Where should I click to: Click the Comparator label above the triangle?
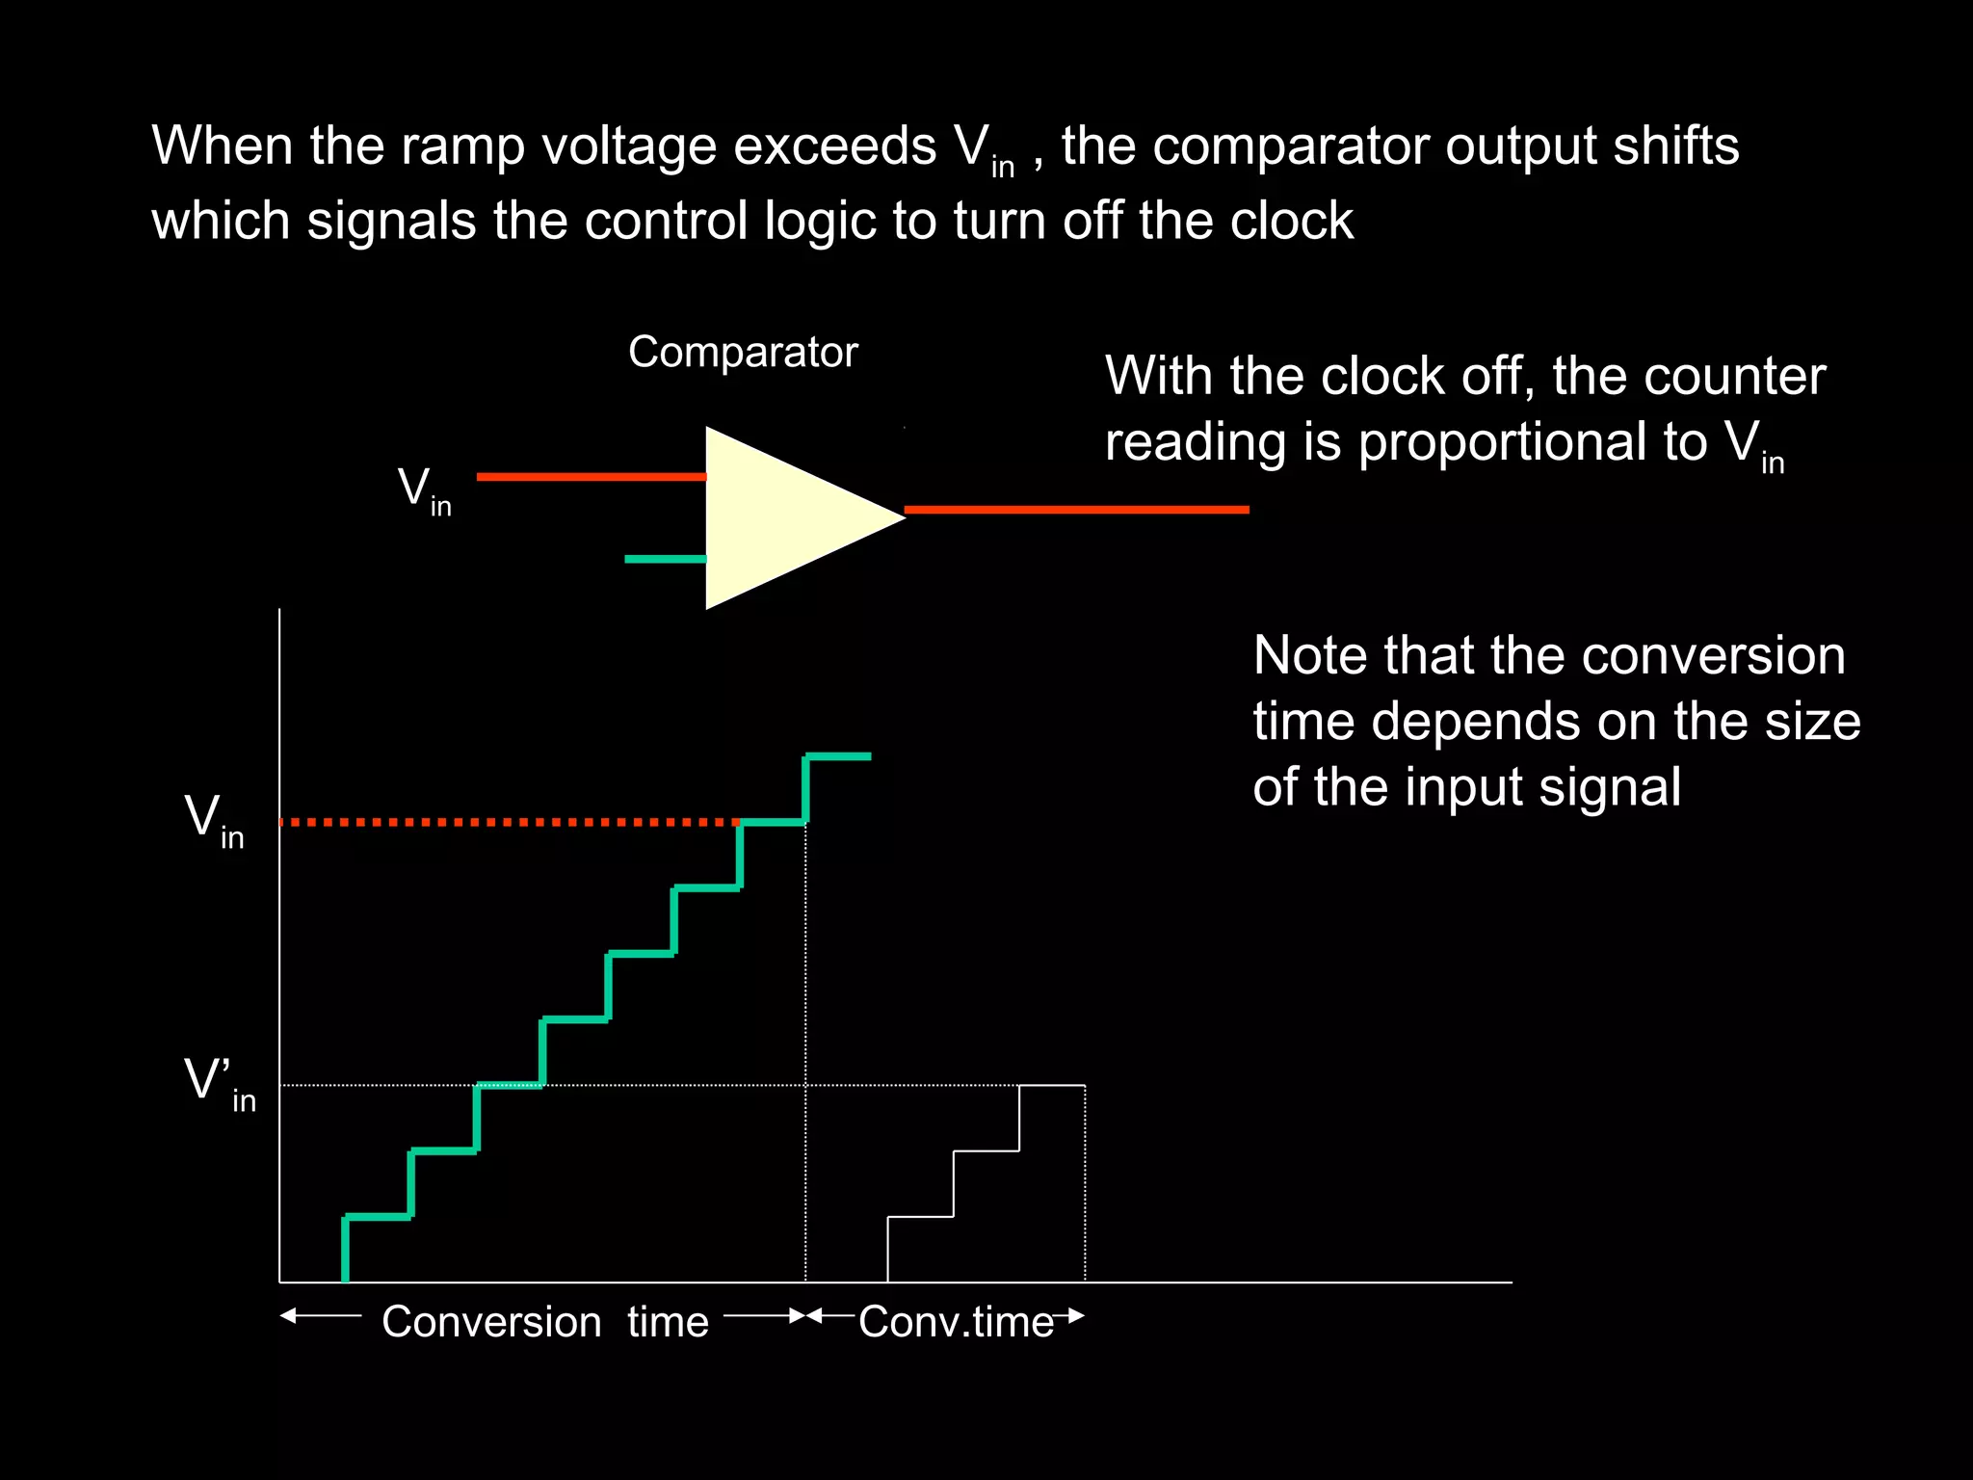(743, 353)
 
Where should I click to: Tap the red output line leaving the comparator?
(1075, 509)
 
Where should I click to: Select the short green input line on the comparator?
(665, 559)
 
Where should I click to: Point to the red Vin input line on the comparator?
(591, 476)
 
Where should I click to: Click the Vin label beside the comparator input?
(424, 490)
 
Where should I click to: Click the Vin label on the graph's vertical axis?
(213, 820)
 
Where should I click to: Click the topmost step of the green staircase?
(838, 756)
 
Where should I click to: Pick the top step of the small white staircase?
(1052, 1086)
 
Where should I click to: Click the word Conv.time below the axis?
(956, 1322)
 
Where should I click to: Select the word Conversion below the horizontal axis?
(491, 1322)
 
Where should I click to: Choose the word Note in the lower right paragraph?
(1311, 656)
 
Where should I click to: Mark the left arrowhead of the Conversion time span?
(287, 1315)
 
